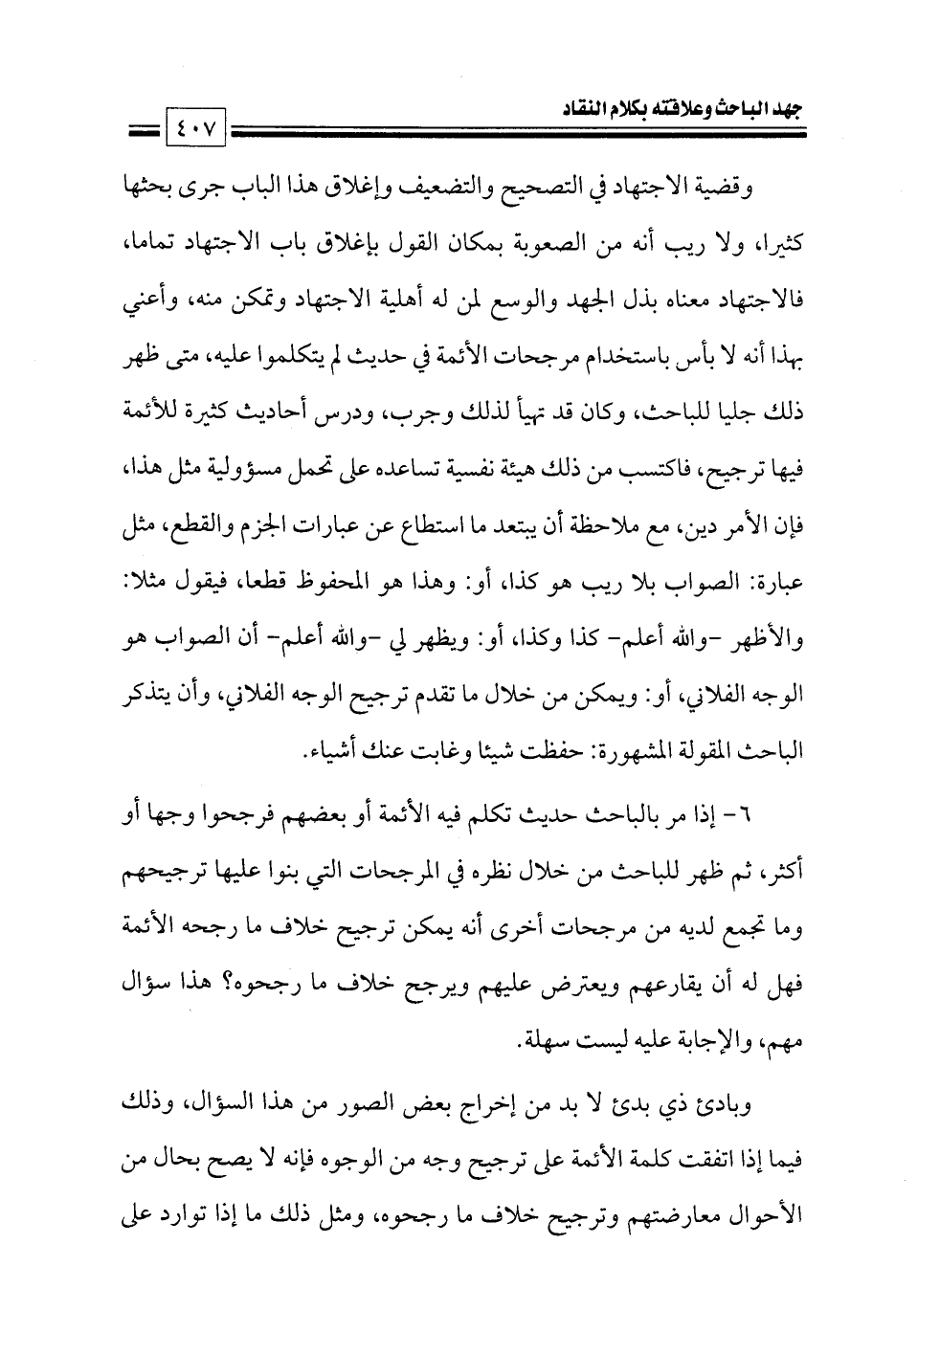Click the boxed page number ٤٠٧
click(x=195, y=125)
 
